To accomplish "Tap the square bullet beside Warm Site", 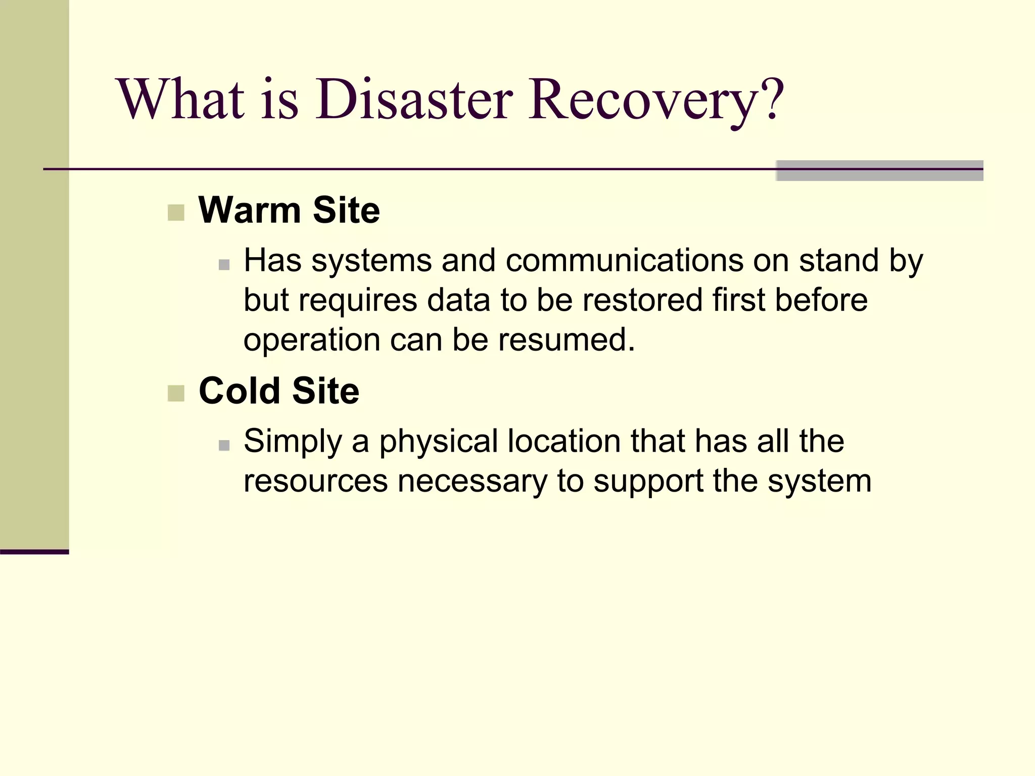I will pyautogui.click(x=176, y=213).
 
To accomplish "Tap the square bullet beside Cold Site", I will pyautogui.click(x=176, y=393).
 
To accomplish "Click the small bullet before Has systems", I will pyautogui.click(x=224, y=265).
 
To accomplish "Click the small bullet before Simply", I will pyautogui.click(x=224, y=445).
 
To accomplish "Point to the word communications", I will pyautogui.click(x=624, y=261).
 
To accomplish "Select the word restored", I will pyautogui.click(x=643, y=300).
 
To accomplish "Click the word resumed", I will pyautogui.click(x=566, y=339).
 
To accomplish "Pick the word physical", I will pyautogui.click(x=439, y=442).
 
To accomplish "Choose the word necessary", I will pyautogui.click(x=472, y=481).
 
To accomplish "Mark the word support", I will pyautogui.click(x=648, y=482).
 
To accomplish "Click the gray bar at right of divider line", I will pyautogui.click(x=879, y=170).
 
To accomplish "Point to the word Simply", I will pyautogui.click(x=293, y=442).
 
